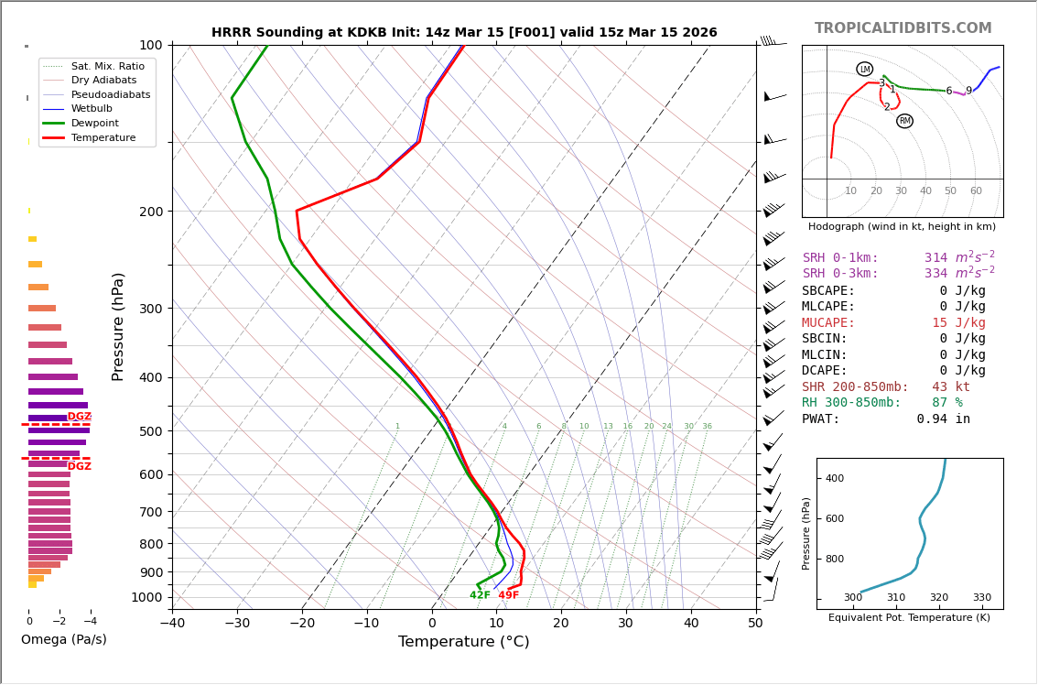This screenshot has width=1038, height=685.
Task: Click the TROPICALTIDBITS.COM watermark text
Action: [903, 28]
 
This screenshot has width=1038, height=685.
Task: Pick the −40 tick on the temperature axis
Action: [172, 624]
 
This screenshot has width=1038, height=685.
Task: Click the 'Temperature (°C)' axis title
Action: [463, 642]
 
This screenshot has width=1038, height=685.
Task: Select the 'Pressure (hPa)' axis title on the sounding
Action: [118, 326]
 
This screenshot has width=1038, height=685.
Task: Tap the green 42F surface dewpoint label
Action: [480, 595]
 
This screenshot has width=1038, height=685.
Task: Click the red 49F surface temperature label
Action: [508, 595]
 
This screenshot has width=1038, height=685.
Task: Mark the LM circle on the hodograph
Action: [864, 70]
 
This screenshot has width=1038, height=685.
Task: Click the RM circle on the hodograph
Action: [904, 121]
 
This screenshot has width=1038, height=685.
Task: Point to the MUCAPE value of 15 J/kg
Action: [958, 323]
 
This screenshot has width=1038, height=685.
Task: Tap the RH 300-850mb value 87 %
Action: [946, 403]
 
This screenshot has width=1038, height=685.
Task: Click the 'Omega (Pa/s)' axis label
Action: [64, 639]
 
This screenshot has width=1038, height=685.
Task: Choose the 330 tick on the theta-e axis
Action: [981, 598]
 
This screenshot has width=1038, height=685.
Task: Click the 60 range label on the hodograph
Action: [976, 191]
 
